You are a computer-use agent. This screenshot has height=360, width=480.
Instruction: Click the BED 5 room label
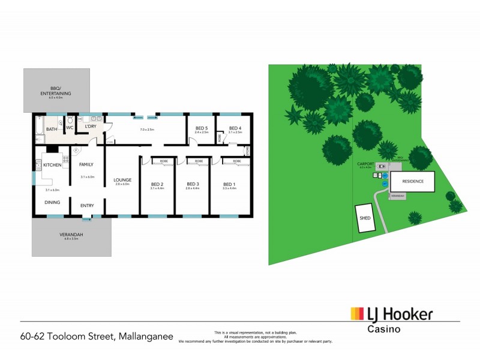point(201,128)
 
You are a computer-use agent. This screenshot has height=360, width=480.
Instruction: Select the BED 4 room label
point(235,128)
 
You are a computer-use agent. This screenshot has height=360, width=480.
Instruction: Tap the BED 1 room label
point(229,184)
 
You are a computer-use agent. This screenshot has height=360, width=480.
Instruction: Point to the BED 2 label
point(157,184)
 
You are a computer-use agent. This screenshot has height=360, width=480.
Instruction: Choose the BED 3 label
point(193,184)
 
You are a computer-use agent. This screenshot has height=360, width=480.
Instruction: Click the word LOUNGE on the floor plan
point(122,179)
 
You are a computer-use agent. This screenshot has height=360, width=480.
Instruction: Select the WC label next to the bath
point(70,127)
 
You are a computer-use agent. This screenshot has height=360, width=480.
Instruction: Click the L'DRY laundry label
point(91,127)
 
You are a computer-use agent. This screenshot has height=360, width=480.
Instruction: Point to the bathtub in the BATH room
point(38,128)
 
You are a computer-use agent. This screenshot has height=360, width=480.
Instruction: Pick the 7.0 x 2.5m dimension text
point(147,130)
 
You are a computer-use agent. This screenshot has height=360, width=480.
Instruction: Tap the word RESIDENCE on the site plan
point(412,181)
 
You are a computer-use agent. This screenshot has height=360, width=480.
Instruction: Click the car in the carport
point(382,175)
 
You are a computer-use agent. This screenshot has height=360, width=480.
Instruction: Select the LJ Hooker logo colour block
point(357,314)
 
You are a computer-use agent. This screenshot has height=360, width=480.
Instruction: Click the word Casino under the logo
point(383,329)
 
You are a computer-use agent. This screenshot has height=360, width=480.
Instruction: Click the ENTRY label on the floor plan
point(87,206)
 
